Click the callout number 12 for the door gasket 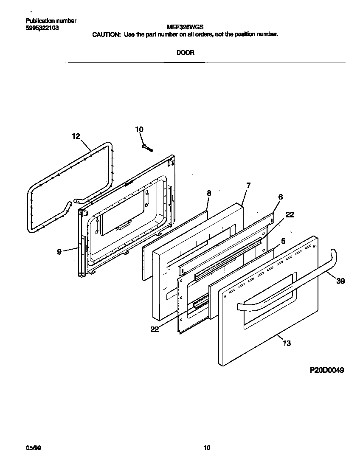click(x=76, y=136)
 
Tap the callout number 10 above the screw click(x=139, y=129)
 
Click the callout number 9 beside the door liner click(x=59, y=252)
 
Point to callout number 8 click(x=209, y=193)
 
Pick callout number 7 click(x=248, y=185)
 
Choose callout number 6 click(x=281, y=197)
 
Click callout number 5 click(x=283, y=241)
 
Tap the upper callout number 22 click(x=289, y=215)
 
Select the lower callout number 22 click(x=154, y=329)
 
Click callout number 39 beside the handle click(x=340, y=281)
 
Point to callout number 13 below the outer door click(x=287, y=343)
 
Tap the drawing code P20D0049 click(x=326, y=370)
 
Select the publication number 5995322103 click(x=42, y=28)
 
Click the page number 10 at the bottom click(x=207, y=447)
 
